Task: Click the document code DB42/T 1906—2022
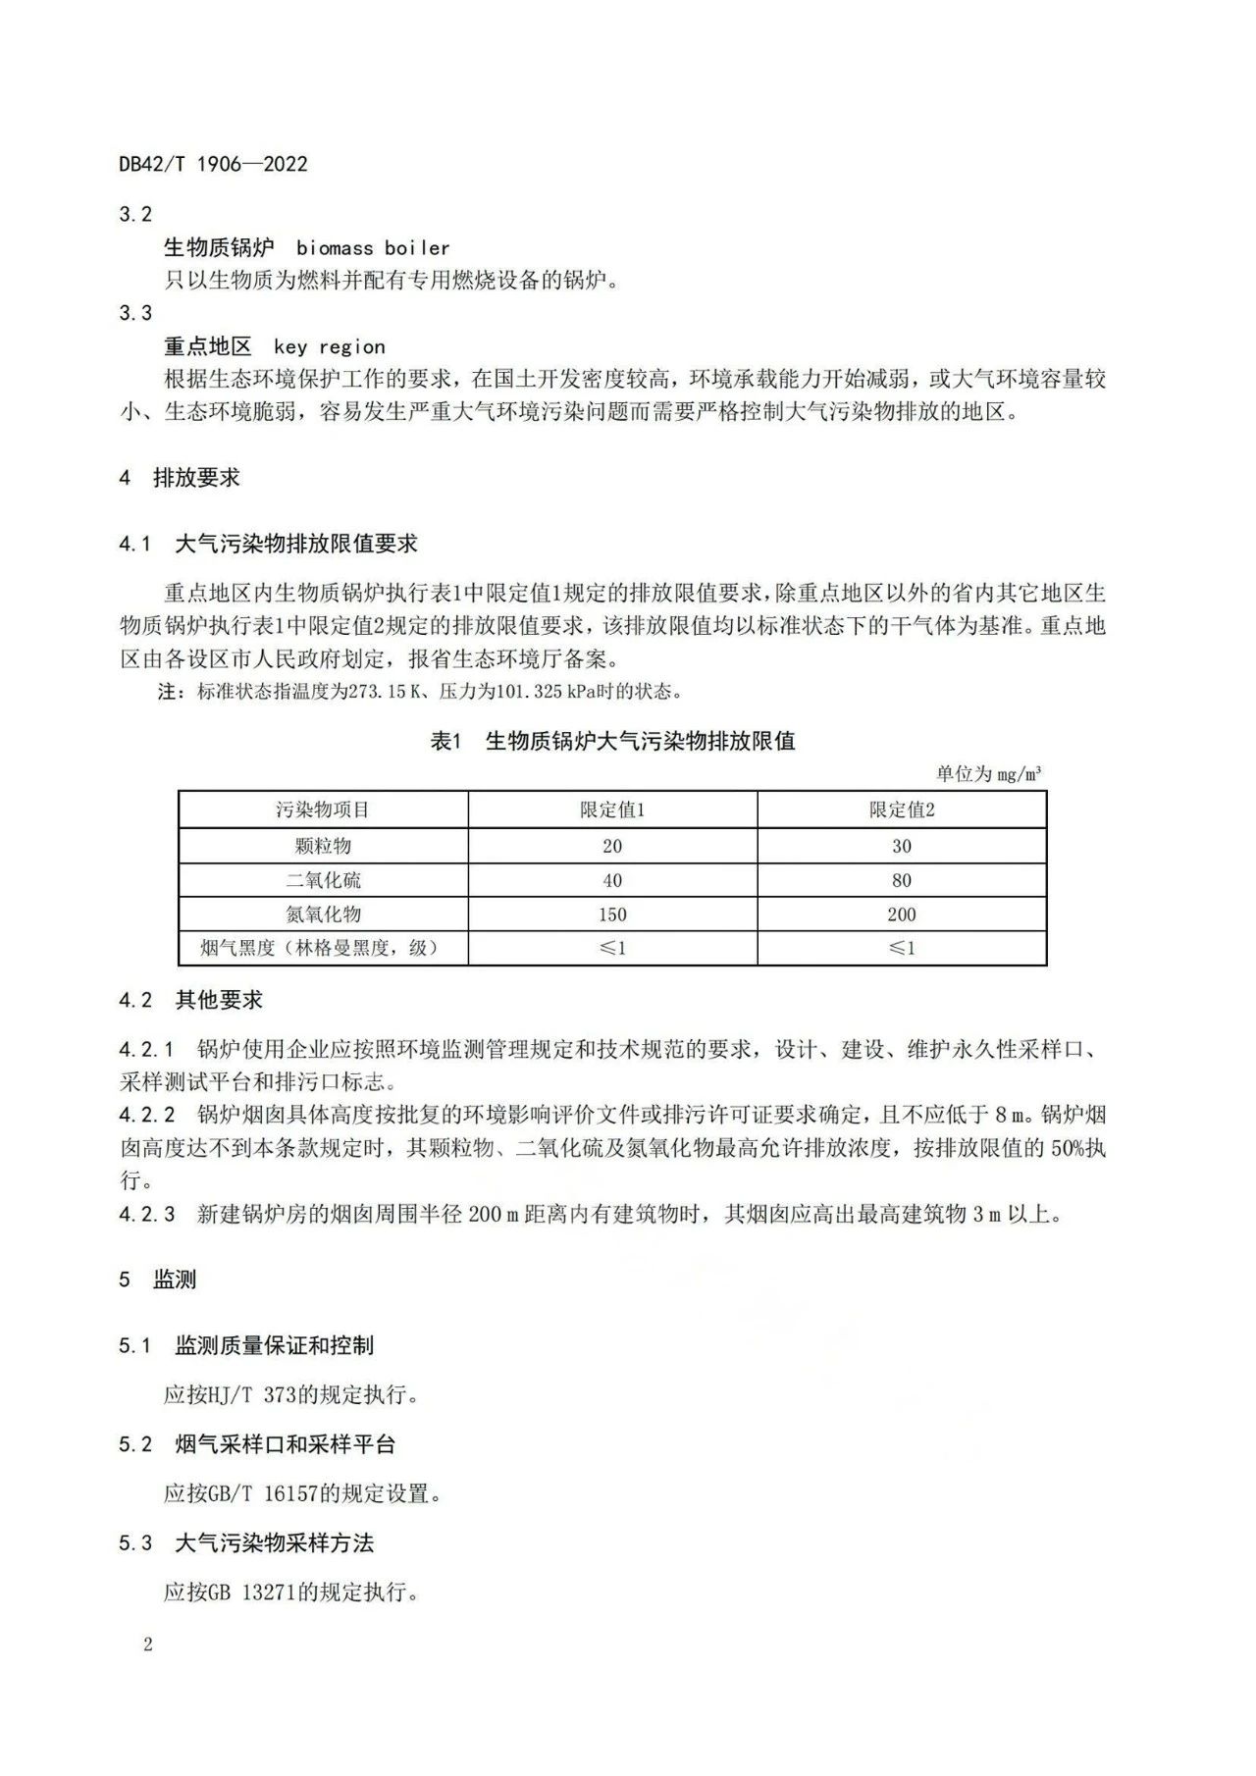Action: (x=213, y=164)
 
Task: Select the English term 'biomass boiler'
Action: (x=373, y=248)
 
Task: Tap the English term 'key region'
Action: (x=329, y=346)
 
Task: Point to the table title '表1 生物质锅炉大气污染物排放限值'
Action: (x=612, y=741)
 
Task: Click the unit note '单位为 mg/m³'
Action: (x=988, y=774)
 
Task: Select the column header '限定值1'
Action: (x=612, y=810)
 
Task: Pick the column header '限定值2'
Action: (x=902, y=810)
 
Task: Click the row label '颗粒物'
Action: (x=323, y=846)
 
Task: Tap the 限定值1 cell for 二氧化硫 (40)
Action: (x=612, y=880)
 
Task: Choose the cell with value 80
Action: (x=902, y=880)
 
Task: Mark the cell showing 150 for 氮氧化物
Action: (x=612, y=914)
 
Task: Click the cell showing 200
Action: (x=902, y=914)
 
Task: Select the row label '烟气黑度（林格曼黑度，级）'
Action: (x=323, y=948)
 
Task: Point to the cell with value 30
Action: (x=902, y=846)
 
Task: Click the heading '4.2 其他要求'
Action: (x=191, y=1000)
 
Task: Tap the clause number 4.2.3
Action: (x=147, y=1215)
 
